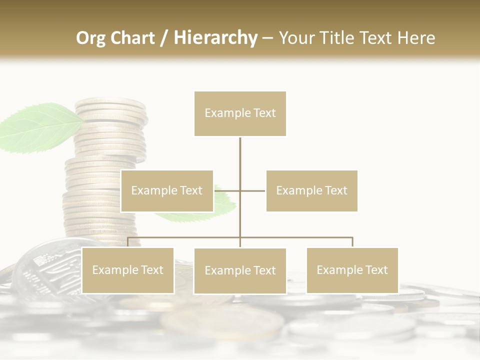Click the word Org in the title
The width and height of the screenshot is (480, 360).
coord(91,37)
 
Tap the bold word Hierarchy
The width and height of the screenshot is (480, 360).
coord(215,37)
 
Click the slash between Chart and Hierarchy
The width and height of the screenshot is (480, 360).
coord(164,38)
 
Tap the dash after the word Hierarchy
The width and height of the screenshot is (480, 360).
coord(267,38)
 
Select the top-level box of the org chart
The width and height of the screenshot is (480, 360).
coord(240,113)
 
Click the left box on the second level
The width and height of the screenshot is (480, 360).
coord(167,190)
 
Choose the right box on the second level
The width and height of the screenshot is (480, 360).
coord(311,190)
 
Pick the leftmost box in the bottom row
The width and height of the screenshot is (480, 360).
coord(127,270)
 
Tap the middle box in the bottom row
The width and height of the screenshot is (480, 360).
coord(240,271)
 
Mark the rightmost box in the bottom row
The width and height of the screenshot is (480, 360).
coord(352,270)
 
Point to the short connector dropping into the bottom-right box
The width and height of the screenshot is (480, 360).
coord(352,242)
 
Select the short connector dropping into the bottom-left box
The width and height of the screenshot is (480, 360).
coord(127,242)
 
